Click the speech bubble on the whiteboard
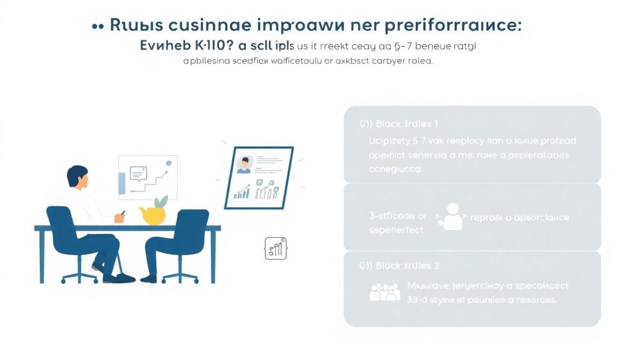(x=139, y=174)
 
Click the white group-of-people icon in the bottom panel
(x=385, y=292)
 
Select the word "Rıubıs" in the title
(x=136, y=26)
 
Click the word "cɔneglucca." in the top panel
(x=396, y=169)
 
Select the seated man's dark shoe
(x=120, y=278)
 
